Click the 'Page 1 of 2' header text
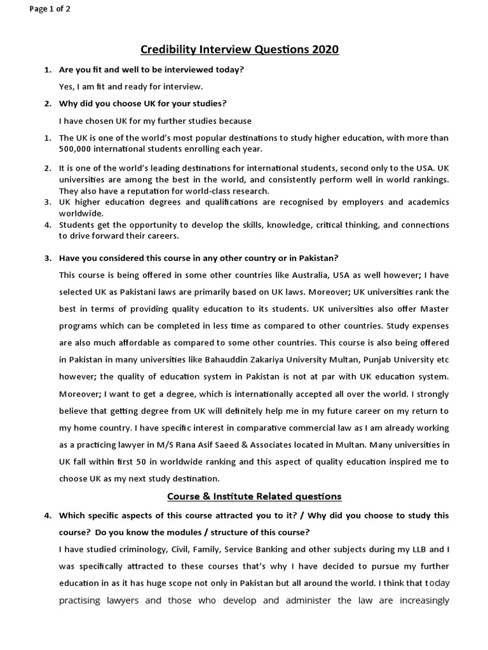point(49,9)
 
